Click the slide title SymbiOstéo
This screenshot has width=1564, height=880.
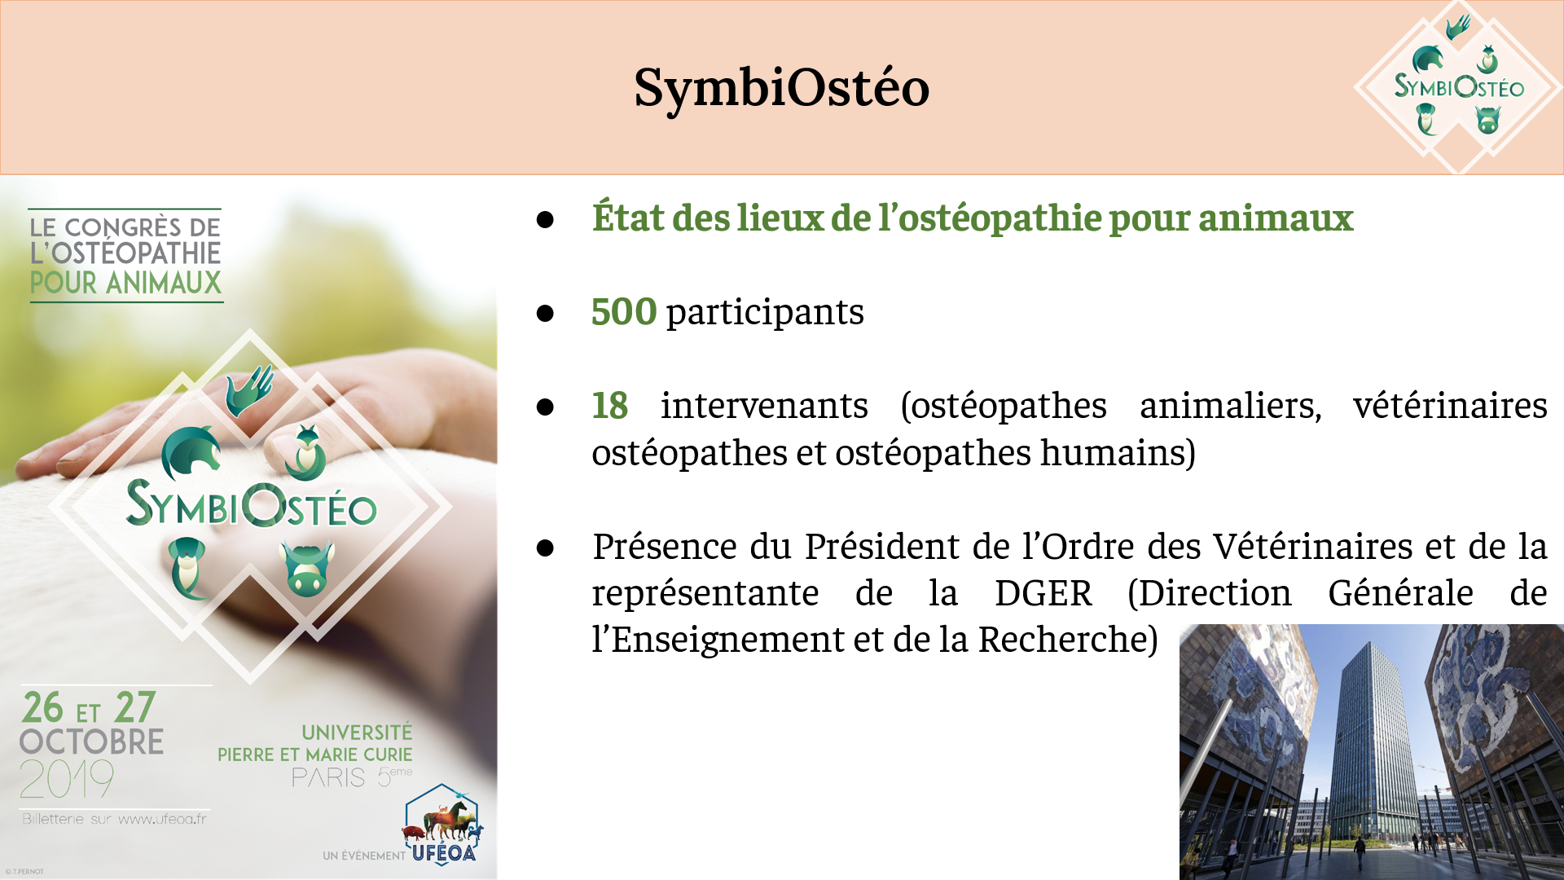tap(782, 87)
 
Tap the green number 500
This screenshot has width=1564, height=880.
tap(624, 312)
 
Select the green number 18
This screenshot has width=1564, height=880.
tap(609, 406)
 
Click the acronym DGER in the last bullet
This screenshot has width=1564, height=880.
tap(1043, 593)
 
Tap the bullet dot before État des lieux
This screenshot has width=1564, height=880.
tap(545, 220)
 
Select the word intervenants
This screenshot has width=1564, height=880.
tap(764, 406)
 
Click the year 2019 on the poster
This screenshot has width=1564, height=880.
tap(67, 779)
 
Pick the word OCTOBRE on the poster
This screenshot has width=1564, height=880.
tap(91, 742)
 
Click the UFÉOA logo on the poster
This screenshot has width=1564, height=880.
tap(442, 825)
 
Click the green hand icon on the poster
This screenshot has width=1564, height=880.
tap(250, 389)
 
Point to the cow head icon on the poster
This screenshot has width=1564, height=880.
tap(307, 568)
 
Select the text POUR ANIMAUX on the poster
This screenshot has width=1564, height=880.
tap(125, 284)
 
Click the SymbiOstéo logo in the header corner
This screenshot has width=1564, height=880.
tap(1458, 86)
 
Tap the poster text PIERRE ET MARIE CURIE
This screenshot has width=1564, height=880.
tap(314, 755)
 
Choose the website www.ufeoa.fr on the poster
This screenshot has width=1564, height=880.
tap(162, 819)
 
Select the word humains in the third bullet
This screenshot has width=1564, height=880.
tap(1113, 453)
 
